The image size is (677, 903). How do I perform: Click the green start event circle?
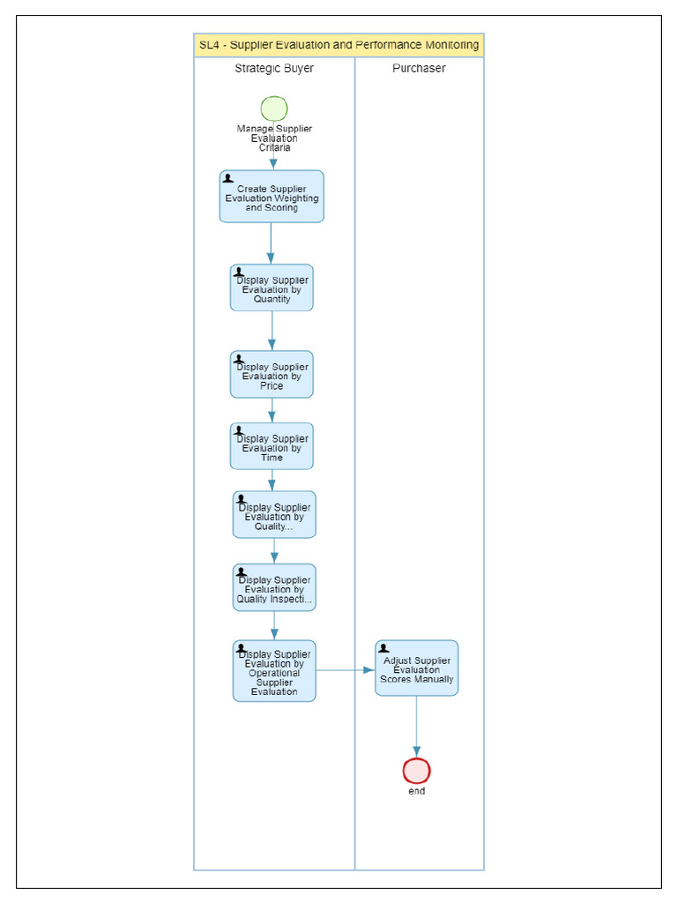[x=274, y=108]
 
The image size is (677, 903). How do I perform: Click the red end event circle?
[x=416, y=771]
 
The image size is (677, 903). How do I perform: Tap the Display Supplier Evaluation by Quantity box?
[x=272, y=288]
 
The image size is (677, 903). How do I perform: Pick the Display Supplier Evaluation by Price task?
[x=272, y=375]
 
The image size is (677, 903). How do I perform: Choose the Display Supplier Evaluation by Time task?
[x=272, y=446]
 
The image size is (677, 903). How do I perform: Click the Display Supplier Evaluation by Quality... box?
[x=274, y=515]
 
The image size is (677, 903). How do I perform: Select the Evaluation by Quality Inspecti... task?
[x=274, y=588]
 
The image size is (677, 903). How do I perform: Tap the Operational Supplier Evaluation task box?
[x=274, y=671]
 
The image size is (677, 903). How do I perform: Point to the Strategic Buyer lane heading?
[x=274, y=69]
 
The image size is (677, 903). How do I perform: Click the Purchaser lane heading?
[x=419, y=69]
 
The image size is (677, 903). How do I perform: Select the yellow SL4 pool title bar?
[x=338, y=45]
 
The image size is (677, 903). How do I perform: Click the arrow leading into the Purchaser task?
[x=346, y=670]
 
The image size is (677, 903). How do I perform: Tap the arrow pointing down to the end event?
[x=416, y=727]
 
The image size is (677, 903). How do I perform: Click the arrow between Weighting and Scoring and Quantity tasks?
[x=272, y=243]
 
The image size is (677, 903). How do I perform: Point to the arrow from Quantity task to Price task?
[x=272, y=331]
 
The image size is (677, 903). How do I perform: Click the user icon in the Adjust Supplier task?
[x=383, y=648]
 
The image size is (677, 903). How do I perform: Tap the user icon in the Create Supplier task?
[x=228, y=178]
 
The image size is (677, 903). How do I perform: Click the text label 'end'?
[x=416, y=791]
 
